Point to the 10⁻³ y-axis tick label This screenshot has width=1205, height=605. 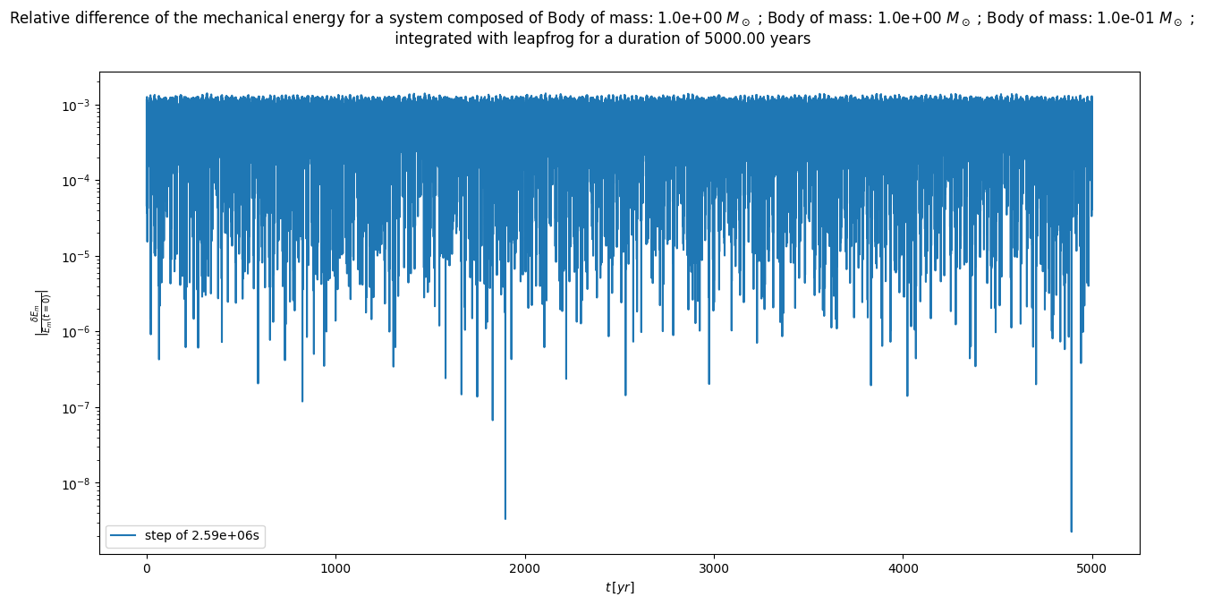point(75,106)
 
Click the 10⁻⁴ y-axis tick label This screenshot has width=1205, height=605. point(75,182)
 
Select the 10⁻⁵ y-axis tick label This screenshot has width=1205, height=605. point(75,257)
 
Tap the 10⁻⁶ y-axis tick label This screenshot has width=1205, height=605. point(75,333)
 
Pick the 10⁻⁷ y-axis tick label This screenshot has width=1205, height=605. point(75,408)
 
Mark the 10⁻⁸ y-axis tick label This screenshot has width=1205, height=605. point(75,484)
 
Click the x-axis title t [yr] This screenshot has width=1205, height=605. point(619,587)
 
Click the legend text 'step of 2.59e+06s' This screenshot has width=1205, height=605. point(204,536)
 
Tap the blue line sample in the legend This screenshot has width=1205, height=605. point(124,536)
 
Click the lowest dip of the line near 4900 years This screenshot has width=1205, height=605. point(1071,531)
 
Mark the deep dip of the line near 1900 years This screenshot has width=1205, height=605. point(505,518)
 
